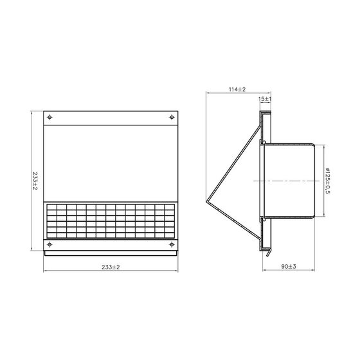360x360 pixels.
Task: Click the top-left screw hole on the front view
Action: tap(50, 118)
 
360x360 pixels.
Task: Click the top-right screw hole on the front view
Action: tap(172, 118)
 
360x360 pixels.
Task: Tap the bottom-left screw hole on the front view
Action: tap(50, 244)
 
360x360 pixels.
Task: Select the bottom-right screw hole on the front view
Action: tap(172, 244)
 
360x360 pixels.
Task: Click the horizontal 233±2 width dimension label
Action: tap(111, 267)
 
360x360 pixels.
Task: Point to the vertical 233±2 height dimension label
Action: tap(35, 181)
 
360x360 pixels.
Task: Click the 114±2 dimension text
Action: tap(237, 89)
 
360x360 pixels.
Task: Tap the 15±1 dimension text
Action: tap(265, 99)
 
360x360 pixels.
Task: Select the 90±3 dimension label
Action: tap(289, 267)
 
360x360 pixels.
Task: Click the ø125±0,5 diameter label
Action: tap(328, 181)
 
